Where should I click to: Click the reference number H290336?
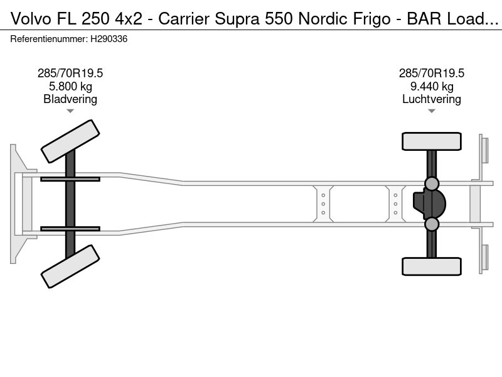pos(109,39)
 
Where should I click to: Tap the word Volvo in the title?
pos(31,19)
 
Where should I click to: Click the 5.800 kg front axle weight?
pos(70,86)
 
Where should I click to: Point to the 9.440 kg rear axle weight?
pos(432,86)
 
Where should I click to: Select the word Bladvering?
pos(70,99)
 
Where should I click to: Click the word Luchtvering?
pos(432,99)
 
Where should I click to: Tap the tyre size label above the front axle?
pos(70,73)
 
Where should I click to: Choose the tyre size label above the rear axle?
pos(432,73)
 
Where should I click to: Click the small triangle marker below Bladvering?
pos(70,111)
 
